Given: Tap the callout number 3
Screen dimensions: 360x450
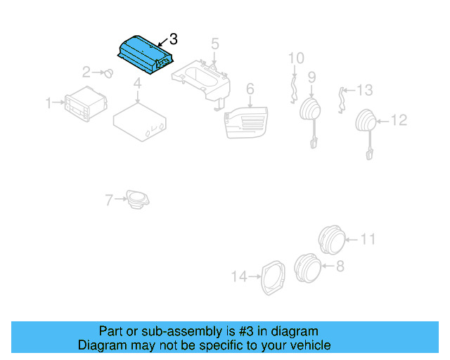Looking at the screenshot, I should tap(174, 39).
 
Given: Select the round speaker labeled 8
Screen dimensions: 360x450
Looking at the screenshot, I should tap(307, 266).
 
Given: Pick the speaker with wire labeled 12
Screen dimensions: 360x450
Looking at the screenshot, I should tap(366, 122).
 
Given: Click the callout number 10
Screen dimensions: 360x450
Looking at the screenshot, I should tap(296, 58).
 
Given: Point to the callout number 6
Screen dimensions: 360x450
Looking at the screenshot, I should tap(249, 89).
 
